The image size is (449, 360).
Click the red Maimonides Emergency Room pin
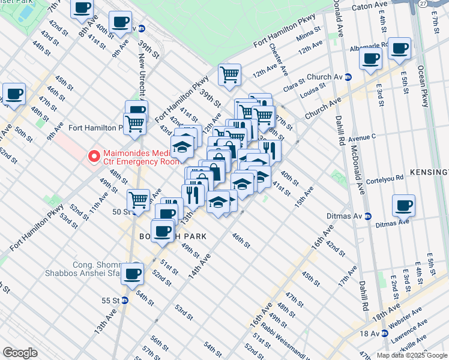[x=94, y=157]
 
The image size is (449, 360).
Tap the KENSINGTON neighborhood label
[x=429, y=172]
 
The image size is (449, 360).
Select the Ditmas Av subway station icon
[x=368, y=216]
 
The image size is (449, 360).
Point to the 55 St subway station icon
[x=125, y=300]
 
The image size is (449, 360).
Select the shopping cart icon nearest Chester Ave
[x=229, y=74]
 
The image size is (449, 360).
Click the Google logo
[x=20, y=352]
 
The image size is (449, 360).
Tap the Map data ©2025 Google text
[x=411, y=355]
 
